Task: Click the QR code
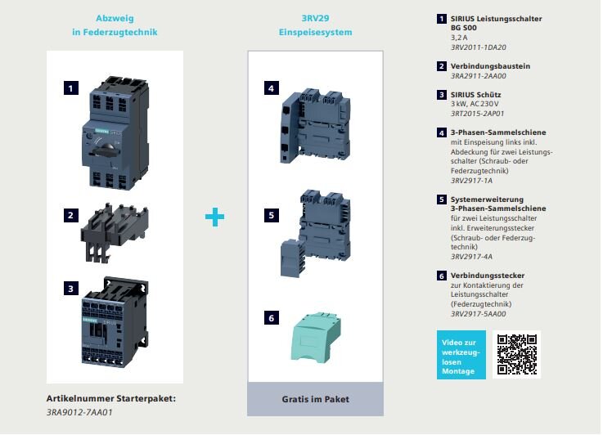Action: tap(516, 354)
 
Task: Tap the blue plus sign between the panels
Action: tap(214, 217)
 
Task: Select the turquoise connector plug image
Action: tap(316, 338)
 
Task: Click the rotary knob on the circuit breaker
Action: tap(106, 150)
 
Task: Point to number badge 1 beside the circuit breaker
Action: tap(71, 88)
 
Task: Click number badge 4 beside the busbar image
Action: tap(272, 88)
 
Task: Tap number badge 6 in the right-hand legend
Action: tap(442, 276)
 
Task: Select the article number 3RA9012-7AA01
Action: tap(79, 412)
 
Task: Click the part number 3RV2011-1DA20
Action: tap(479, 47)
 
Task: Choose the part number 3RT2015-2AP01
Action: tap(477, 114)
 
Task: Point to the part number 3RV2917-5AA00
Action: tap(479, 313)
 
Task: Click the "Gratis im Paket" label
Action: tap(315, 399)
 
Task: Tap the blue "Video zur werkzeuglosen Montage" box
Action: tap(461, 355)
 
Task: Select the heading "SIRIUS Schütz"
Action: tap(475, 95)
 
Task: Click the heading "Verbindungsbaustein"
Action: tap(490, 66)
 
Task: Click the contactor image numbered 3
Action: tap(115, 321)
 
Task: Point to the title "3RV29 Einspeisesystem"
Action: tap(315, 25)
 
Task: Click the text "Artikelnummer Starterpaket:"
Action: tap(111, 398)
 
